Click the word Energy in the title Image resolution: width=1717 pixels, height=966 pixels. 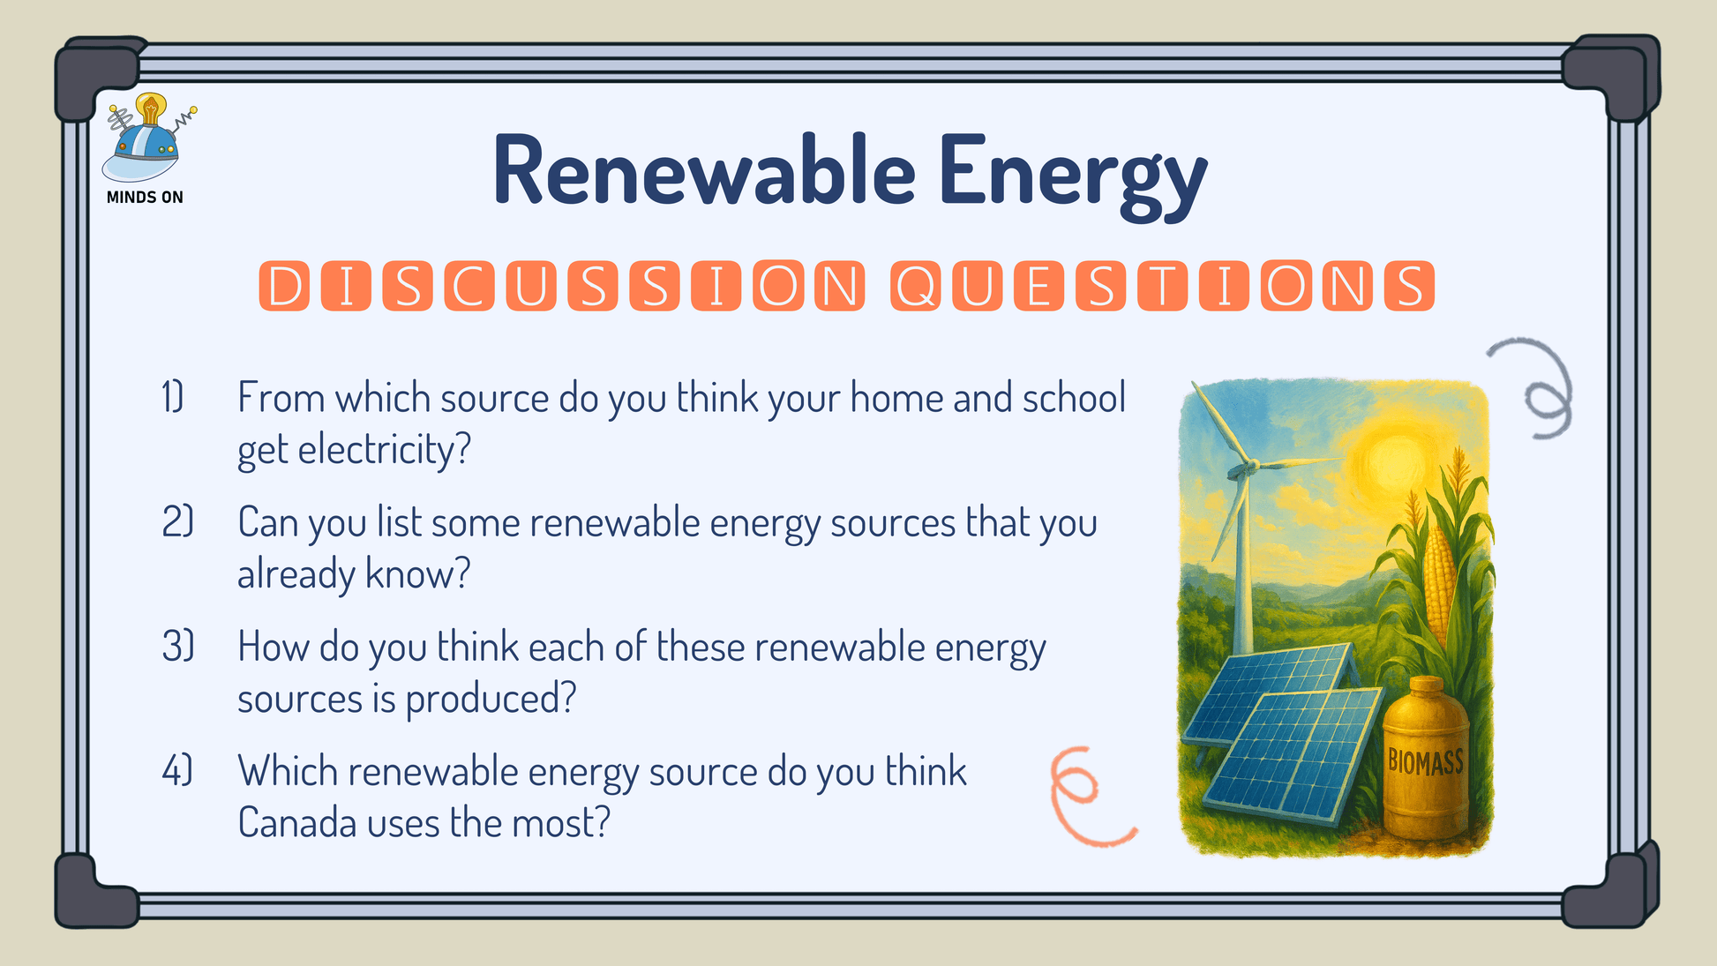click(1072, 177)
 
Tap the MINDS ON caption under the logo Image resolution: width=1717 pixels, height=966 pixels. click(145, 197)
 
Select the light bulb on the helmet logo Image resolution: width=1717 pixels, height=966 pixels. click(151, 109)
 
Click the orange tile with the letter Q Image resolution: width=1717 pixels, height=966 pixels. click(916, 286)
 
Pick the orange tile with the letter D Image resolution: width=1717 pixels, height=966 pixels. click(284, 286)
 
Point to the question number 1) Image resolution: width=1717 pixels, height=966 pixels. click(173, 397)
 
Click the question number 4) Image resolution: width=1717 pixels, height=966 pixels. click(176, 770)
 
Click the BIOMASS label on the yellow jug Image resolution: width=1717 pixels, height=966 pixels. click(1425, 761)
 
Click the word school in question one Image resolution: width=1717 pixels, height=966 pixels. click(1074, 397)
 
